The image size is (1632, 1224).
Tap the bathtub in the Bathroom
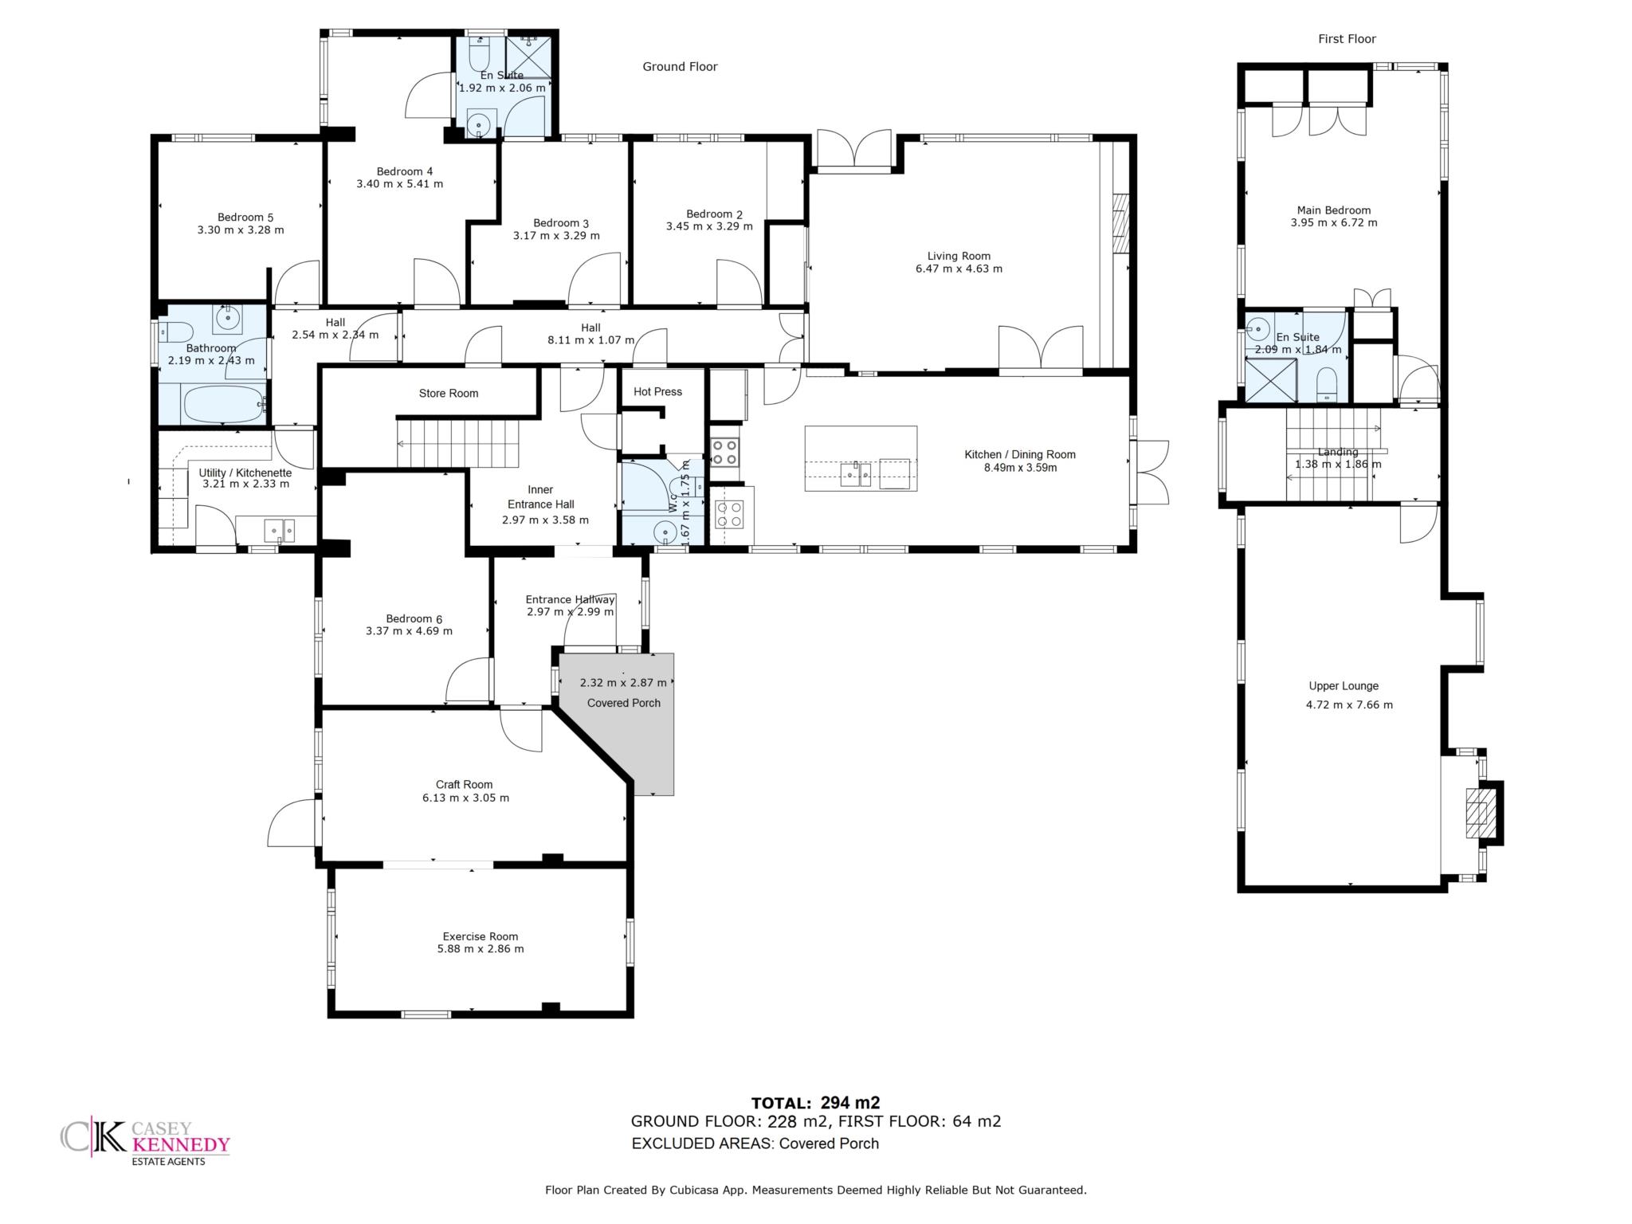click(223, 404)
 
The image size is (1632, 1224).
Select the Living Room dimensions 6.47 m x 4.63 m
click(959, 269)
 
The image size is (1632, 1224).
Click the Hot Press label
click(657, 391)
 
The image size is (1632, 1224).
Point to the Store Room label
click(449, 393)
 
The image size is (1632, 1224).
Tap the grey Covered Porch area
click(626, 717)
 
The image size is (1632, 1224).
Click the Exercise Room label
click(481, 936)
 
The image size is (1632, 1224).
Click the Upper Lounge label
click(1344, 685)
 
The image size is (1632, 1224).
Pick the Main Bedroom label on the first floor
click(1334, 210)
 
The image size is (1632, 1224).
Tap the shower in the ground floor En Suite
click(529, 54)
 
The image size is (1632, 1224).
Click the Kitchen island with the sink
click(861, 458)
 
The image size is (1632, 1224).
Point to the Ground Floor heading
click(680, 67)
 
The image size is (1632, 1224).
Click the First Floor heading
click(1347, 39)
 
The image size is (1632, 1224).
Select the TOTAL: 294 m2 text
click(815, 1103)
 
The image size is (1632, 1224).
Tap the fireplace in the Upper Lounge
click(1484, 813)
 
